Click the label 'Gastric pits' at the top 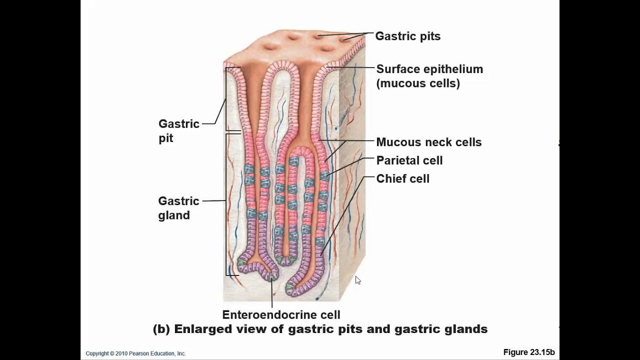point(407,36)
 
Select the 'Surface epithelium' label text point(429,69)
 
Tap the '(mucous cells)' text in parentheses point(418,83)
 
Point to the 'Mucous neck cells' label point(428,142)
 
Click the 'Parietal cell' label point(409,160)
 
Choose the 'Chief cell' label point(402,179)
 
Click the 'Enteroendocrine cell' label point(281,314)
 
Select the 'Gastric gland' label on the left point(178,208)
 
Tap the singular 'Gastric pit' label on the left point(178,130)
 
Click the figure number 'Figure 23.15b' point(529,352)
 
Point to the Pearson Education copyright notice point(135,353)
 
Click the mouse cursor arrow point(357,280)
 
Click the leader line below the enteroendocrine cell point(272,295)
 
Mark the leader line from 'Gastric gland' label point(214,201)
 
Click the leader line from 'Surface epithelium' point(352,67)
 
